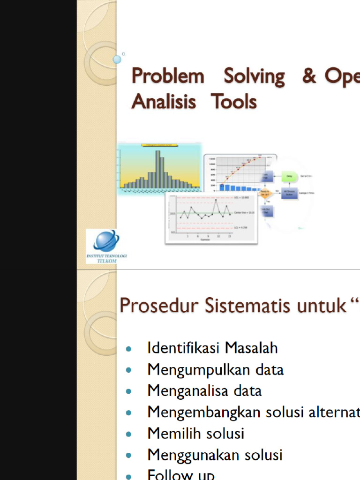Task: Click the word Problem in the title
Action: coord(167,76)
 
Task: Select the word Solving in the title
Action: coord(254,76)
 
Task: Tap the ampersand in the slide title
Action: coord(309,76)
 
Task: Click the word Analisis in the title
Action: coord(164,101)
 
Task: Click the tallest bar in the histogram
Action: coord(158,169)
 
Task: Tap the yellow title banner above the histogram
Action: coord(159,146)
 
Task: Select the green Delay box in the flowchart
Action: coord(290,177)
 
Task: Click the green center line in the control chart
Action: coord(206,213)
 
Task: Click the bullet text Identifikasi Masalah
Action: coord(212,348)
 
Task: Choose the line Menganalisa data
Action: coord(204,390)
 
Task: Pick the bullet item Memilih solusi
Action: coord(196,433)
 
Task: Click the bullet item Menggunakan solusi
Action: coord(215,455)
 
